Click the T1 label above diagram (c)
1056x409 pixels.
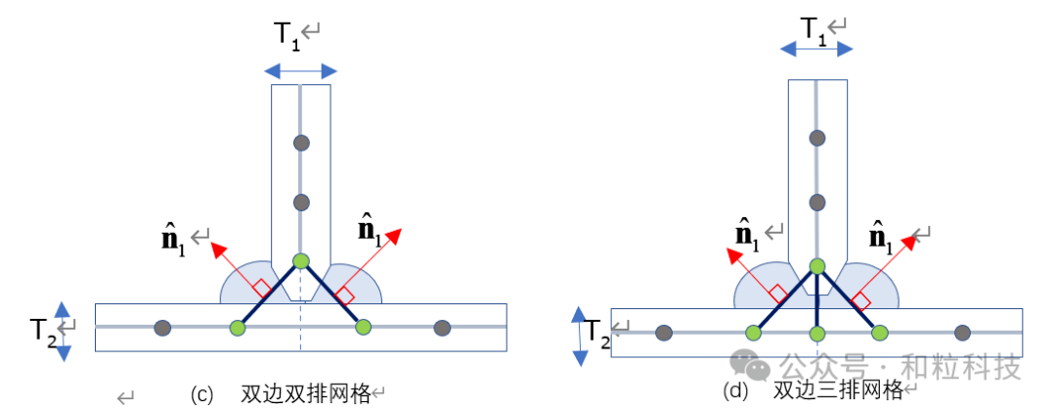click(286, 35)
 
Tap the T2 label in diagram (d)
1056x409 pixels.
click(598, 339)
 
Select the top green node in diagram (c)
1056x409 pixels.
click(301, 261)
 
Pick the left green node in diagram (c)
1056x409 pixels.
click(237, 327)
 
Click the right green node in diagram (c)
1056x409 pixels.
click(363, 327)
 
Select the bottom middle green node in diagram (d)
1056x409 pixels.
click(816, 334)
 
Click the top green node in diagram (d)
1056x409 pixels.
click(816, 266)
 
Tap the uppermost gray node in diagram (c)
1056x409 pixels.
click(301, 143)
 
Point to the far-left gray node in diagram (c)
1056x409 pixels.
click(163, 327)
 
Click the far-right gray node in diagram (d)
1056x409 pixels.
click(962, 334)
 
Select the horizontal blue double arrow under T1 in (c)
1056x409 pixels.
click(300, 70)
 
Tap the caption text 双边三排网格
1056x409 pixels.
click(838, 389)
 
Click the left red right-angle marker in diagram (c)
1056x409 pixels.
click(261, 288)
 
